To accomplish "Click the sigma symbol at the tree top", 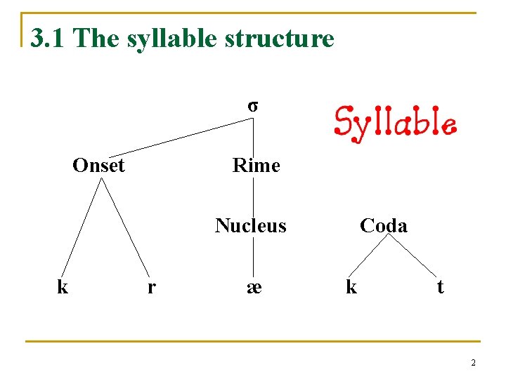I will (252, 107).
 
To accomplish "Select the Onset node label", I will (98, 166).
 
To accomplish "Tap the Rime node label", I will (256, 166).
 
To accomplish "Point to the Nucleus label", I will (251, 225).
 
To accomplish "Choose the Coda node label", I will (383, 225).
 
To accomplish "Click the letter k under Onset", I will (63, 286).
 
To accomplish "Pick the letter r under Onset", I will (152, 286).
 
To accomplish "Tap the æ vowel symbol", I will (254, 286).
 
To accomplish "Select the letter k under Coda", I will (351, 286).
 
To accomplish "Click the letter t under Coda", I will (440, 286).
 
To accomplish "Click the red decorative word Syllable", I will (395, 124).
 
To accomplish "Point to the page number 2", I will (473, 363).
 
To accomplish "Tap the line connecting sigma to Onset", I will (181, 137).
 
